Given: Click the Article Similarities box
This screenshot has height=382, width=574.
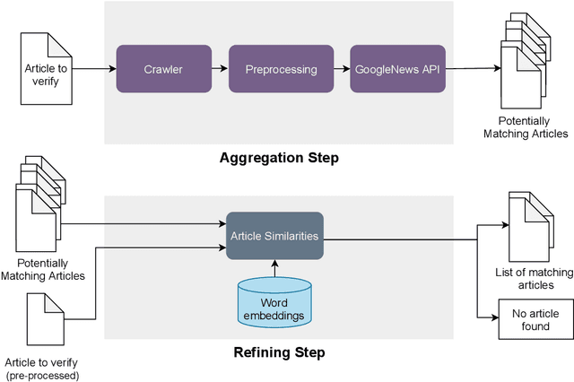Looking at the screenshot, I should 274,236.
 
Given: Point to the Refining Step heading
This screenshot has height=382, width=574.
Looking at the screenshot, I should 279,352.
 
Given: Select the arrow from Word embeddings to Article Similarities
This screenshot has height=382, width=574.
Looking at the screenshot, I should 274,268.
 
